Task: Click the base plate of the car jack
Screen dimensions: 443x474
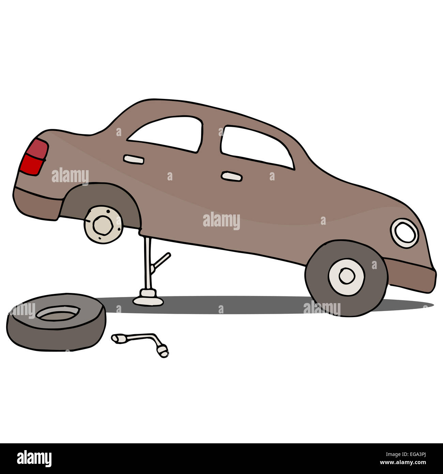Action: point(148,298)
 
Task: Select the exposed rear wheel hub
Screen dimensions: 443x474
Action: point(103,225)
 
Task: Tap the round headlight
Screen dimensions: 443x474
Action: point(404,233)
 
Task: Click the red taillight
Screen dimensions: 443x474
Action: point(34,157)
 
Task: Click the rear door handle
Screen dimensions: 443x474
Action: point(134,160)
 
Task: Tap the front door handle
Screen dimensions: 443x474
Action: point(231,176)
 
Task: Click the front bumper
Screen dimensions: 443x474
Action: point(410,276)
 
